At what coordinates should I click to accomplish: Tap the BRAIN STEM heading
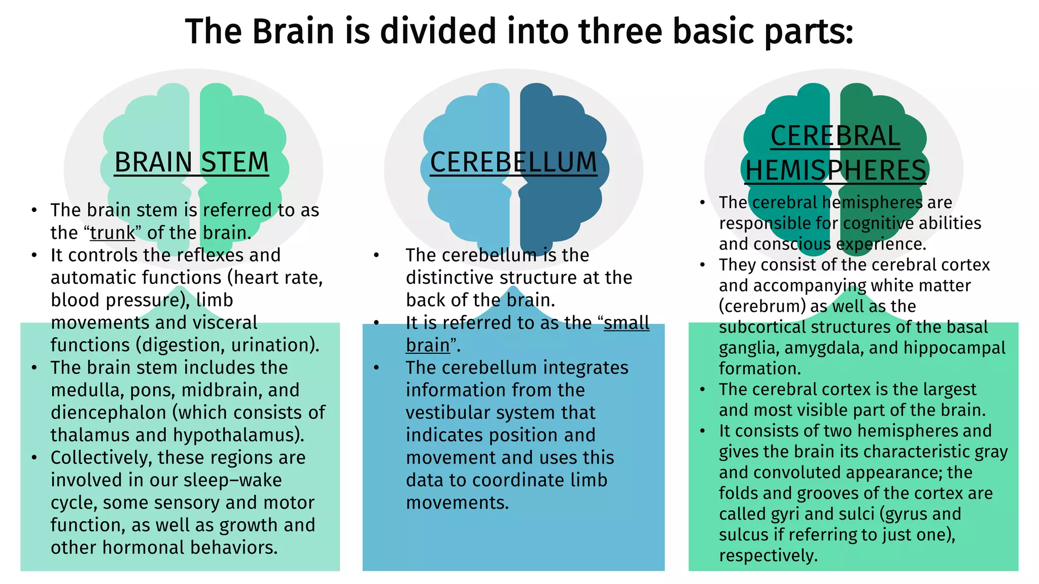191,162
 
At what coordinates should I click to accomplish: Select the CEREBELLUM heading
513,162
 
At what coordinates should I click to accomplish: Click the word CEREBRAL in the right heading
835,136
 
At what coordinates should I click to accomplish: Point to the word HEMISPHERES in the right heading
836,170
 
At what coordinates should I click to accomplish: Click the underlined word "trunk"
113,233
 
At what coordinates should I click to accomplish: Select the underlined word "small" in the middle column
627,323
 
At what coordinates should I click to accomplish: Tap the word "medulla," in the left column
87,390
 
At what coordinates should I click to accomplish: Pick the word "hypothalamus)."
239,435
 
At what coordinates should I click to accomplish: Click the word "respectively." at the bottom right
768,556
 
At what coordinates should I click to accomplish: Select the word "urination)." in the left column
275,345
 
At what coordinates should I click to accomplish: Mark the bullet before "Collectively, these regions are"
34,458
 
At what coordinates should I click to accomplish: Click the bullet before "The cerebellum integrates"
376,368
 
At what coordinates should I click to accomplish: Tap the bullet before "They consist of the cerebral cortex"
703,265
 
